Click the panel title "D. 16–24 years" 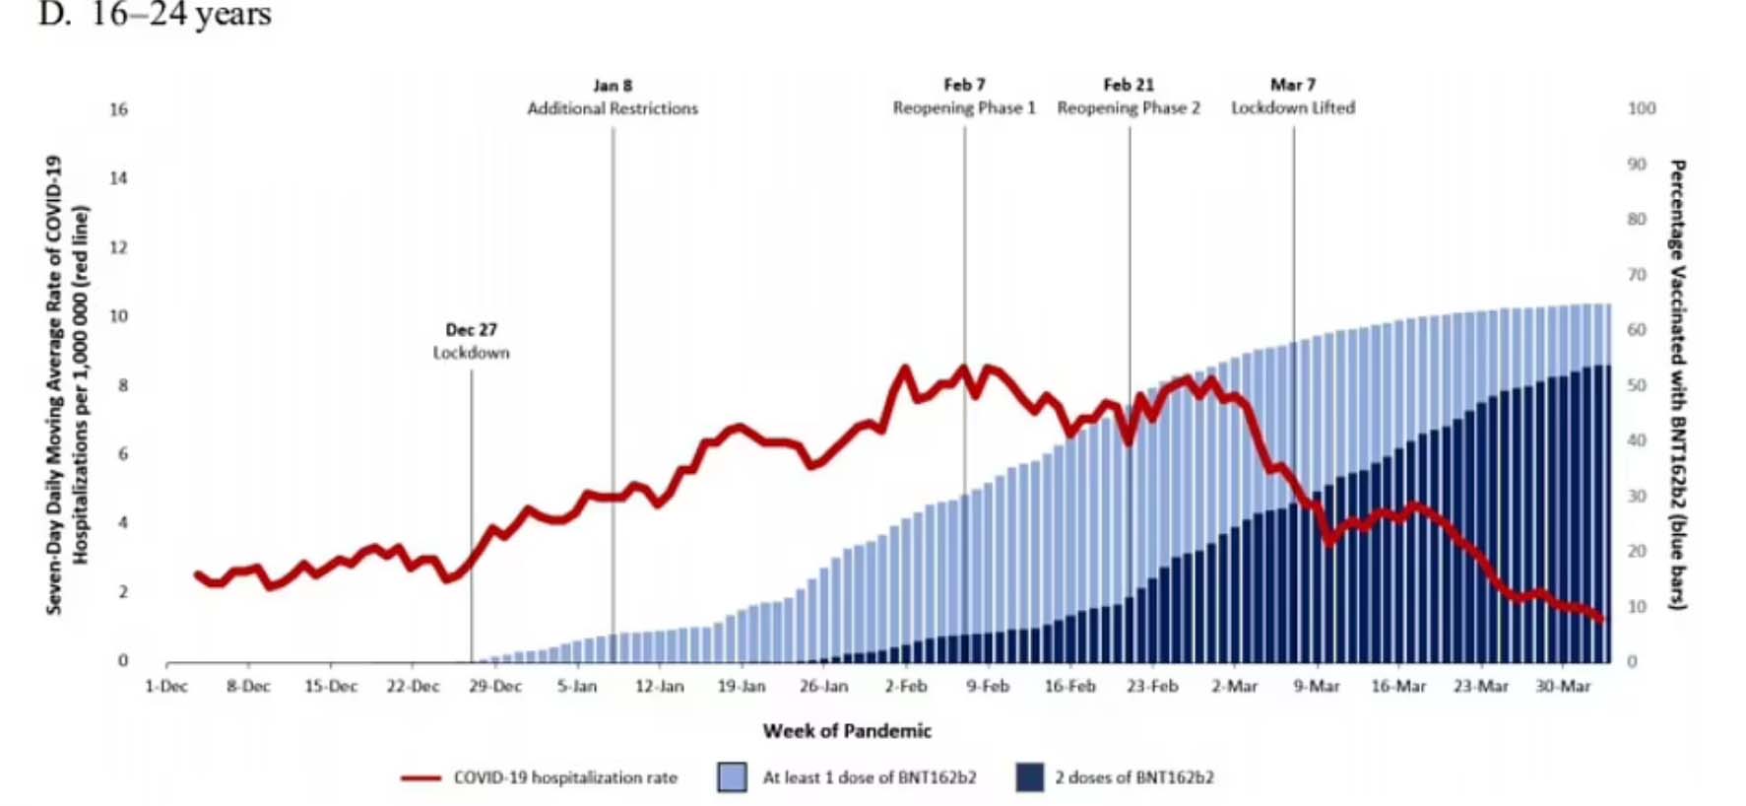(155, 14)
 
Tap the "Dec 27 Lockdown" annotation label (472, 341)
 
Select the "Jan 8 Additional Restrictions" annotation (613, 97)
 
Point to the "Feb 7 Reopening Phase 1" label (964, 97)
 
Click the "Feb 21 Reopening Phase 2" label (1129, 97)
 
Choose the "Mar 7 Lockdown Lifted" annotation (1293, 97)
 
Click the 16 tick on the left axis (119, 109)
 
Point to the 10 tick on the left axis (119, 316)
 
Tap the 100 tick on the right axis (1642, 108)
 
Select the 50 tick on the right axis (1637, 385)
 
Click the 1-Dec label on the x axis (166, 686)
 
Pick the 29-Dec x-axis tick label (495, 686)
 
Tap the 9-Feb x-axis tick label (988, 686)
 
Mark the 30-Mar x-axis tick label (1563, 686)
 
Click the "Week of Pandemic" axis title (847, 731)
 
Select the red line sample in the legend (420, 778)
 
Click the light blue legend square (733, 777)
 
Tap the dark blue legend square (1030, 777)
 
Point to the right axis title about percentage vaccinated (1677, 384)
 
